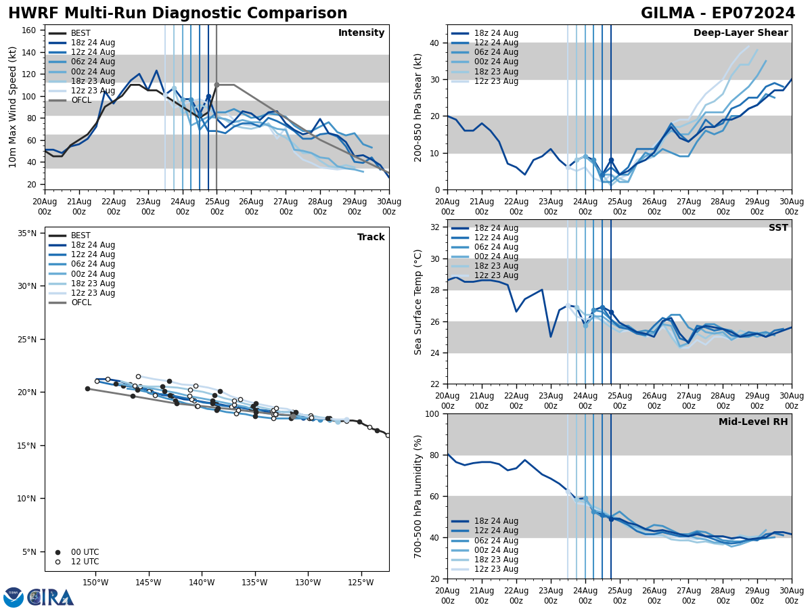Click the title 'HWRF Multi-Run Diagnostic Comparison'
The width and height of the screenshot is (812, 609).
[177, 14]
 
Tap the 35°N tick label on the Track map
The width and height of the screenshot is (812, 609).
[27, 233]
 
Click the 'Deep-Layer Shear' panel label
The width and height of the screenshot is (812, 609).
[740, 33]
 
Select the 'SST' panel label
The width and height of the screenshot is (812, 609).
[778, 228]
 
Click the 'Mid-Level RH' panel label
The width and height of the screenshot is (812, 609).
[753, 422]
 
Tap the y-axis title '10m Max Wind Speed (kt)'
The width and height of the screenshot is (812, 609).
[13, 107]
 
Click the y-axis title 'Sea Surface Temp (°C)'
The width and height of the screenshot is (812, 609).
[418, 302]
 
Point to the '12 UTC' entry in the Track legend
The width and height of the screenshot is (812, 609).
[85, 562]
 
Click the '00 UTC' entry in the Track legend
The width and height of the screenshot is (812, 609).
[85, 552]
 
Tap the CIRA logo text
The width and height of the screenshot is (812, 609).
[51, 597]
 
